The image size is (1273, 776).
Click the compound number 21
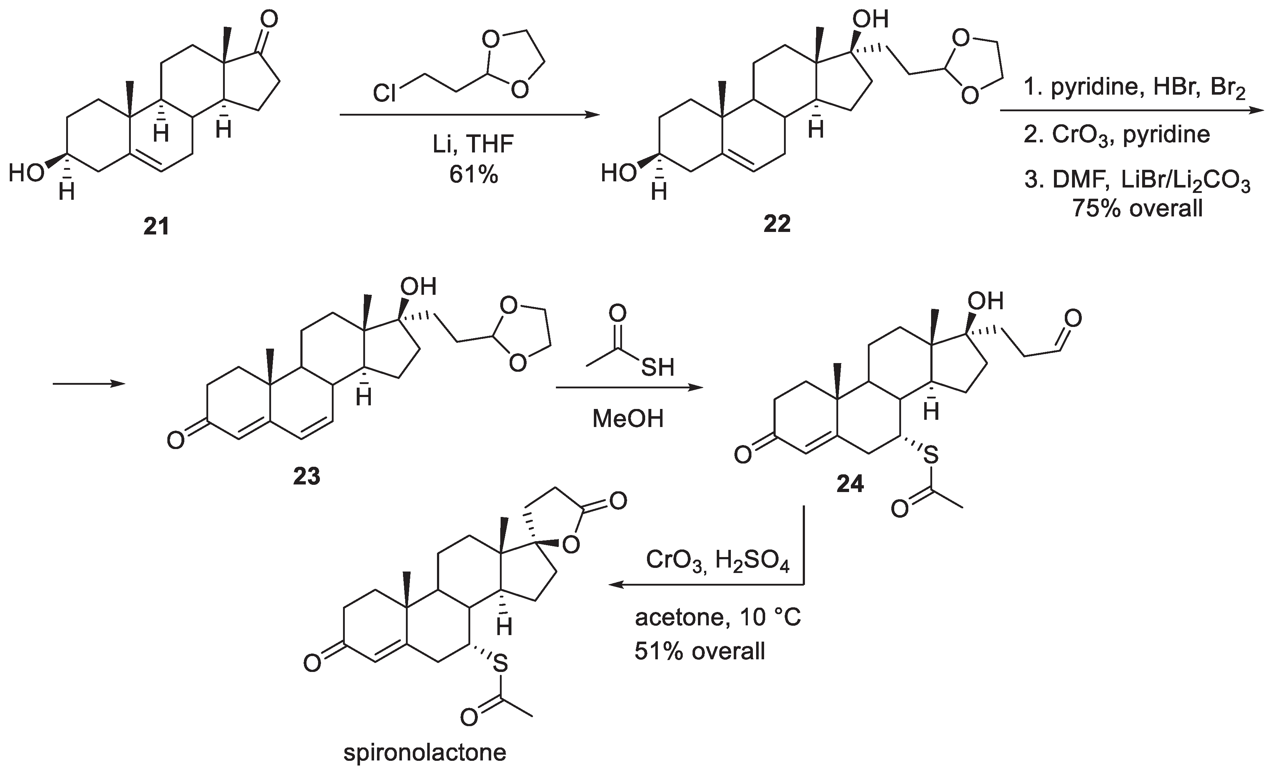(x=156, y=226)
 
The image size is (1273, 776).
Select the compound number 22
(x=776, y=224)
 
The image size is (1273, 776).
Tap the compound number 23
(x=307, y=477)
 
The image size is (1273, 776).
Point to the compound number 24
(x=850, y=484)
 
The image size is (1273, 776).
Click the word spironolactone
(x=425, y=753)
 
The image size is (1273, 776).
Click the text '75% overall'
(x=1137, y=208)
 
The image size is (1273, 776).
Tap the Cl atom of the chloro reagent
(x=385, y=95)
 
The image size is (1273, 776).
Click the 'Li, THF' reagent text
(x=473, y=145)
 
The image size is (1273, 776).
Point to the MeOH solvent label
(x=628, y=419)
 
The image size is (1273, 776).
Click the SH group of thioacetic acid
(x=658, y=368)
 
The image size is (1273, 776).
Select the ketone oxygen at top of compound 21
(x=269, y=21)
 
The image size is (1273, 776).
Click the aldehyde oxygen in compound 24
(x=1073, y=319)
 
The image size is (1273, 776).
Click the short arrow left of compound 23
(x=89, y=384)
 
